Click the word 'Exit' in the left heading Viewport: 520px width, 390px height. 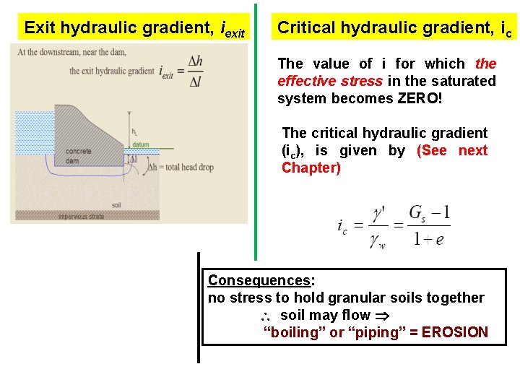point(41,28)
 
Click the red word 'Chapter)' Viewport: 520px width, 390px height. point(311,168)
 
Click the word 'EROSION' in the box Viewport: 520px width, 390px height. point(455,332)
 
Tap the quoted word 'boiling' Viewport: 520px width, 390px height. point(292,332)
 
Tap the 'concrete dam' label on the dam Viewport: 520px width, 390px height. point(78,156)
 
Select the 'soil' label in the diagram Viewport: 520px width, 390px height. point(116,205)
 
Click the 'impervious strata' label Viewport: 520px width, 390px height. point(81,216)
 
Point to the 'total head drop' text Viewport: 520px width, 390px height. point(186,168)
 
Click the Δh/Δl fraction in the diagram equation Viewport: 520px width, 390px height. point(195,71)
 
